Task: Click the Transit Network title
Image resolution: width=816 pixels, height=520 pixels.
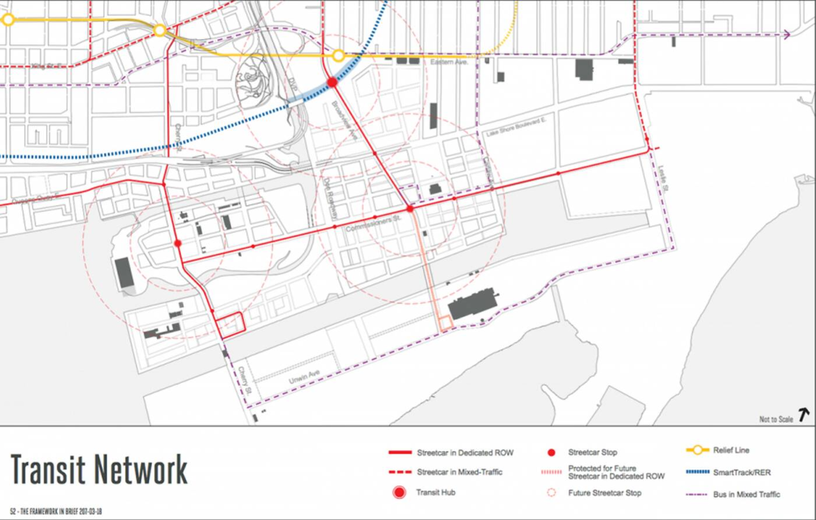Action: tap(99, 470)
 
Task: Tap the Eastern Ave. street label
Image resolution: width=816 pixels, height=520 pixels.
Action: tap(449, 63)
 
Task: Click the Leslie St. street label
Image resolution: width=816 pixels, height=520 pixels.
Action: tap(664, 179)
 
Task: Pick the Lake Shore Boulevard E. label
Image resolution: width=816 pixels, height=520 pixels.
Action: tap(516, 128)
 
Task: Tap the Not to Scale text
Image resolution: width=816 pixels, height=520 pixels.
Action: tap(776, 419)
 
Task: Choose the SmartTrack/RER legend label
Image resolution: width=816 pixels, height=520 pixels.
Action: tap(741, 473)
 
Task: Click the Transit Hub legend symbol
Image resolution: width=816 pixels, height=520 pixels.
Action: tap(399, 493)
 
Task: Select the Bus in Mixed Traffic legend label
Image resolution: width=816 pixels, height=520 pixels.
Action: tap(746, 494)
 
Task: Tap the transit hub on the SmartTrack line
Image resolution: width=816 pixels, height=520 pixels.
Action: tap(332, 82)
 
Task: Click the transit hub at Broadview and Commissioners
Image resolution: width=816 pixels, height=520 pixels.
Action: tap(410, 209)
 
